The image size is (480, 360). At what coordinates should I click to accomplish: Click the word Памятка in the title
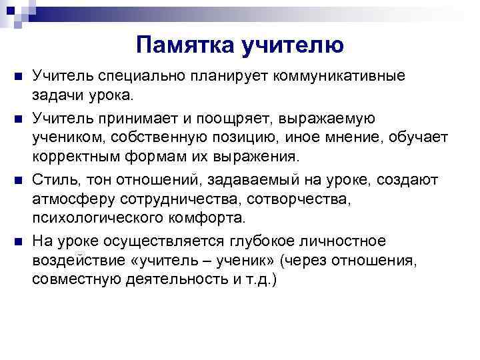pyautogui.click(x=175, y=45)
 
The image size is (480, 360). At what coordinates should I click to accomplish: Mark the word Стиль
pyautogui.click(x=52, y=180)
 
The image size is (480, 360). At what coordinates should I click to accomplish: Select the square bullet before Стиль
pyautogui.click(x=19, y=180)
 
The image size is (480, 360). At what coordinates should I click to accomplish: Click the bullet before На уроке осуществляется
pyautogui.click(x=19, y=241)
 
